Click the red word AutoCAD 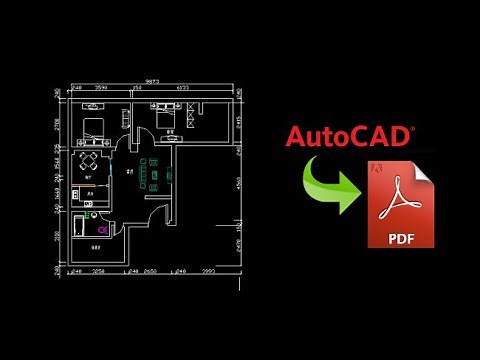(x=349, y=137)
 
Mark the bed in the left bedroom (x=93, y=125)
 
